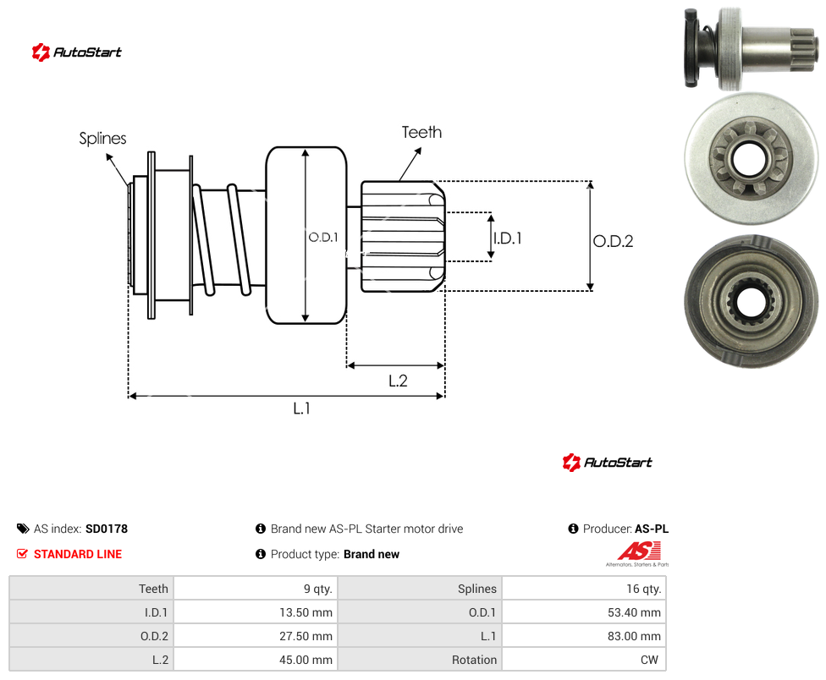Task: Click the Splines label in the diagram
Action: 102,139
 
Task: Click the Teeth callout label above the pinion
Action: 421,132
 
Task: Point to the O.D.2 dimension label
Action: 614,241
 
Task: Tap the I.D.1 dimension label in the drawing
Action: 508,239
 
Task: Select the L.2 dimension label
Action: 398,381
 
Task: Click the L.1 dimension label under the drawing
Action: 302,408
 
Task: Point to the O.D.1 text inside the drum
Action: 323,238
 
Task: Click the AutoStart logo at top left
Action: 77,52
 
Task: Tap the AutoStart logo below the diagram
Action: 608,462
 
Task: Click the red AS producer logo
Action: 638,554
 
